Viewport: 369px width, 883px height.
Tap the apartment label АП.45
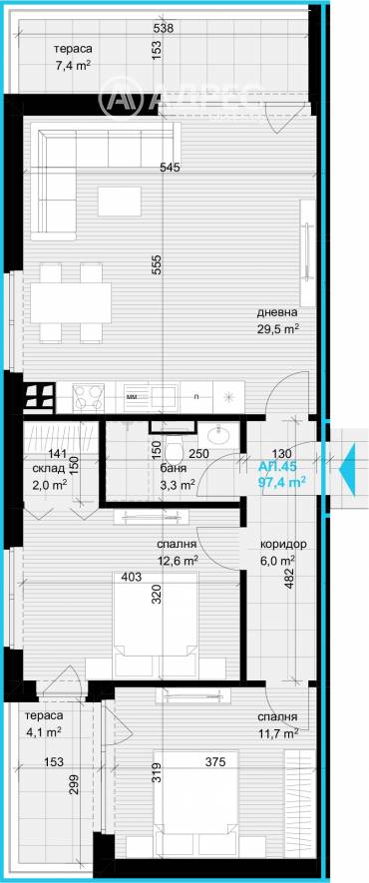click(x=276, y=466)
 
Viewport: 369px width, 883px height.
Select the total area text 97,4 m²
click(x=282, y=481)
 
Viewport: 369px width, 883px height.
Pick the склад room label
click(x=49, y=466)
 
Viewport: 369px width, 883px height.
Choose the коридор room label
click(x=282, y=545)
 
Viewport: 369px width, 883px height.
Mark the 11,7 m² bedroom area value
click(x=276, y=733)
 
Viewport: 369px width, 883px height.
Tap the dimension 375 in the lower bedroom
click(x=229, y=763)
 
